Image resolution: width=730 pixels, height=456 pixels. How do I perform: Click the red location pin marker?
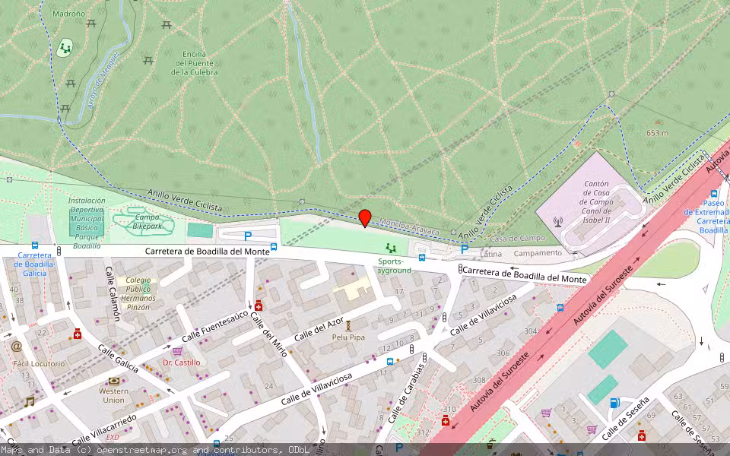point(365,217)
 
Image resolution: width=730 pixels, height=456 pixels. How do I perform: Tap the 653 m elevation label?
point(657,133)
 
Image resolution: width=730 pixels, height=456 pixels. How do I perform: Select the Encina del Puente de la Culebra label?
point(194,63)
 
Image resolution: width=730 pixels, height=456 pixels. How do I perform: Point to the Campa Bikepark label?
point(148,221)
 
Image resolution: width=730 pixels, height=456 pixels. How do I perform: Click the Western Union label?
point(114,395)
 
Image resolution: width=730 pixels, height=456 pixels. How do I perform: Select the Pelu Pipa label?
point(348,337)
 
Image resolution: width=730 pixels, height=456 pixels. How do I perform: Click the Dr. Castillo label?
point(182,363)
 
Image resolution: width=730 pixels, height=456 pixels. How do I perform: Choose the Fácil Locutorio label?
point(39,363)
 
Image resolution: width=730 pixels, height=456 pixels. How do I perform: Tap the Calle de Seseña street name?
point(625,419)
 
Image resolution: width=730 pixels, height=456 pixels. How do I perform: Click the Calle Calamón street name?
point(113,294)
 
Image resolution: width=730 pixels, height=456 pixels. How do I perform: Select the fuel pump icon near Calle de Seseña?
point(614,403)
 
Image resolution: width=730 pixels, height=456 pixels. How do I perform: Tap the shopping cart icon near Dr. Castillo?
point(177,351)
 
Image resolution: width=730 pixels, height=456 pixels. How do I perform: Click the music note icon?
point(29,401)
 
